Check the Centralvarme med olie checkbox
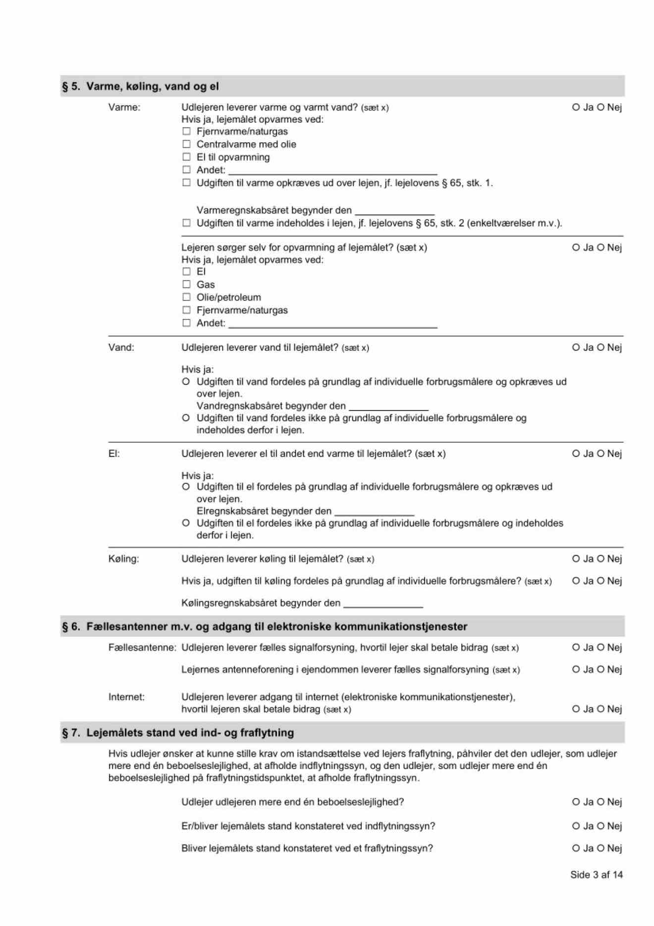click(x=186, y=144)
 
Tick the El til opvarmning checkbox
click(x=186, y=157)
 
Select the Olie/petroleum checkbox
click(x=186, y=297)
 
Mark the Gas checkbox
click(x=186, y=285)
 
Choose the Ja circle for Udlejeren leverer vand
click(x=576, y=347)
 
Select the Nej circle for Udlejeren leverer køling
click(x=600, y=559)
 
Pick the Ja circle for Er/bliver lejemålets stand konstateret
click(x=576, y=826)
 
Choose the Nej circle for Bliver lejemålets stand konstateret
click(x=600, y=849)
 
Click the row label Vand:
click(x=121, y=347)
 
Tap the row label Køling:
click(x=124, y=559)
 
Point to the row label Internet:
click(x=126, y=697)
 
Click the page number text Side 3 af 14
click(x=596, y=875)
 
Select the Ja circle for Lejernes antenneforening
click(x=576, y=670)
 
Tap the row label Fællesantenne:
click(x=142, y=648)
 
